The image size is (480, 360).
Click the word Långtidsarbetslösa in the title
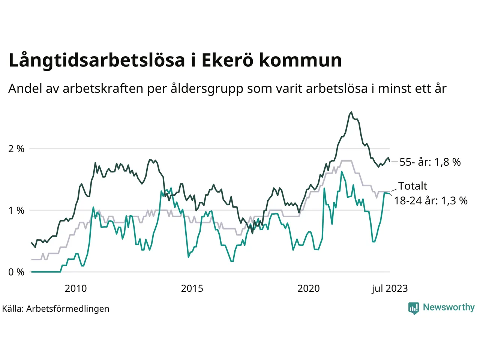tap(97, 61)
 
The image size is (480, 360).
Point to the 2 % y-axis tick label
tap(16, 149)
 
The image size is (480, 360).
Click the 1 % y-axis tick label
tap(16, 210)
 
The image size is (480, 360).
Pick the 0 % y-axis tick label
tap(16, 272)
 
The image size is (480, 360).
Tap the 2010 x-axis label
tap(75, 288)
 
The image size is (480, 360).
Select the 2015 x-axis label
tap(192, 288)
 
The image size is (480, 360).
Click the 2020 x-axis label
tap(309, 288)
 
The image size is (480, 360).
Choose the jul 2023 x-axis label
tap(390, 288)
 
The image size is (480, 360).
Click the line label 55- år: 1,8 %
tap(430, 162)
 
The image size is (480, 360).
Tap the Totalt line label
tap(412, 186)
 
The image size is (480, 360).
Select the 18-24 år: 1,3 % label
tap(430, 201)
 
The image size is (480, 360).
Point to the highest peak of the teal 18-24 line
tap(342, 172)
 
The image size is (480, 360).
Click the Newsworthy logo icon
tap(414, 308)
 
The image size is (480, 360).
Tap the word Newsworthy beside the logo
tap(448, 307)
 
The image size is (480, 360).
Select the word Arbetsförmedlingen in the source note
tap(68, 309)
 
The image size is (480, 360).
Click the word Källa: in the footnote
tap(13, 309)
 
